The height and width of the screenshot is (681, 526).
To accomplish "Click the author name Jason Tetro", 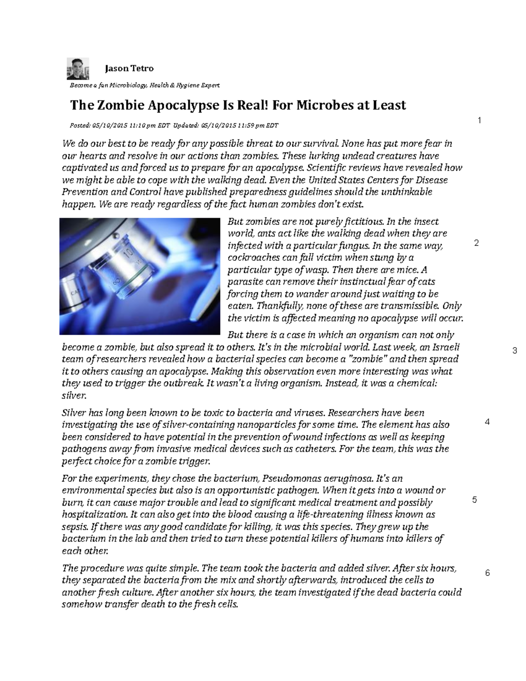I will click(x=129, y=68).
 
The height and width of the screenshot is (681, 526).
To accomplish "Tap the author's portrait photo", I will click(x=78, y=69).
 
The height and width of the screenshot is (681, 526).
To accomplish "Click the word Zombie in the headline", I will click(x=120, y=105).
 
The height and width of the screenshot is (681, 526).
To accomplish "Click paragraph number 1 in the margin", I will click(x=480, y=121).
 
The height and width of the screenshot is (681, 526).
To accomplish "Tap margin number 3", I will click(x=515, y=351).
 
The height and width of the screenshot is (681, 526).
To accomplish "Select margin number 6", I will click(x=487, y=573).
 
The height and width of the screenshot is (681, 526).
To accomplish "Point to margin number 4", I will click(x=487, y=422).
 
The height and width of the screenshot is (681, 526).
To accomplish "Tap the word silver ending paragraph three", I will click(x=74, y=396).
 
